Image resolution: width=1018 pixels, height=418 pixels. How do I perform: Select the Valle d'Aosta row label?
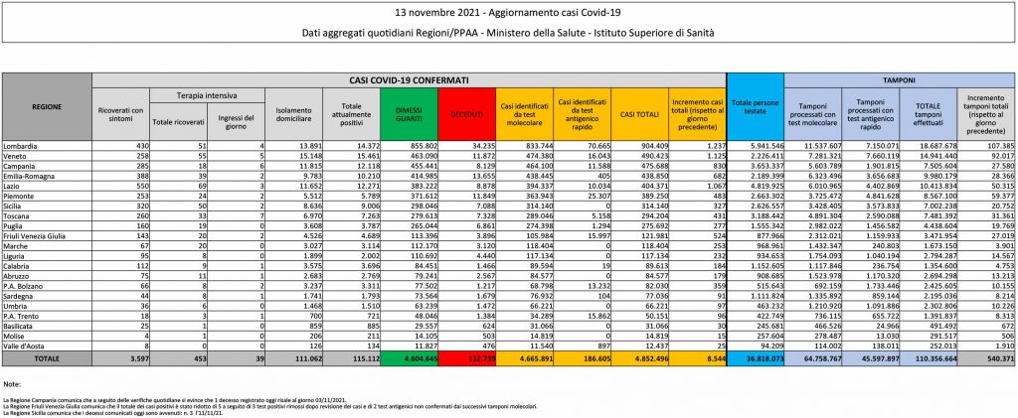pyautogui.click(x=26, y=343)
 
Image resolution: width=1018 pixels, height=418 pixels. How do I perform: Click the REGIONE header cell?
pyautogui.click(x=46, y=104)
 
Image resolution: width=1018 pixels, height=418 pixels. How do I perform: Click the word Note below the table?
pyautogui.click(x=13, y=382)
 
